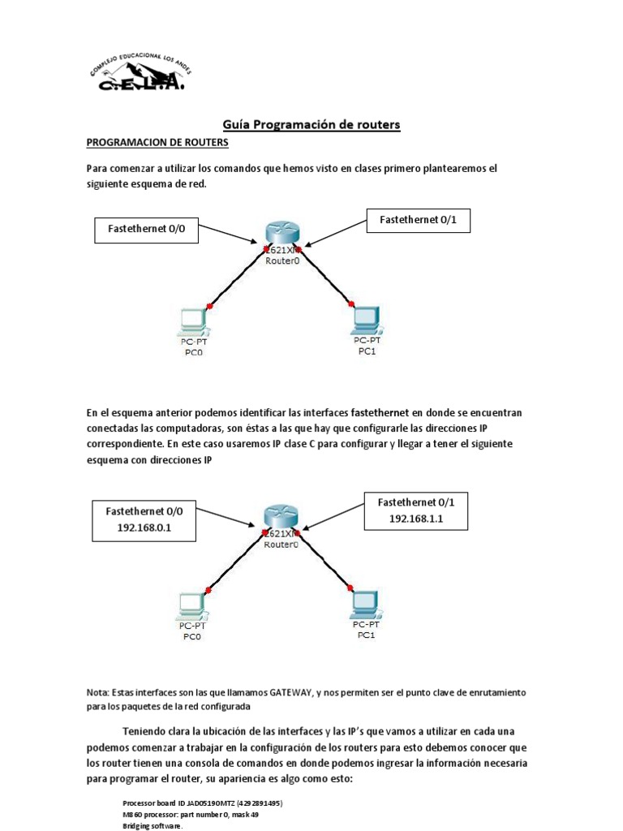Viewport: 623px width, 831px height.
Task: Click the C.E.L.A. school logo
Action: click(135, 74)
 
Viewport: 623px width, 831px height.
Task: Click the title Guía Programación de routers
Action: click(311, 124)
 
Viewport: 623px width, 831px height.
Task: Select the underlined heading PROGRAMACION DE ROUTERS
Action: click(157, 143)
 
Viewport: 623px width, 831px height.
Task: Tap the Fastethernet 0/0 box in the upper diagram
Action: click(147, 230)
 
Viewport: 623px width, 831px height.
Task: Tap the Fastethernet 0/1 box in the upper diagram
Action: click(418, 221)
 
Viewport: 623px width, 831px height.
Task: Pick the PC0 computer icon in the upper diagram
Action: click(194, 321)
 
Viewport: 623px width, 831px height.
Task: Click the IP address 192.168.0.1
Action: click(146, 527)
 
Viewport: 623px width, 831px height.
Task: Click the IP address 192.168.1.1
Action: click(416, 518)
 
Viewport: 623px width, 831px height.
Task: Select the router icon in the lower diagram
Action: click(281, 516)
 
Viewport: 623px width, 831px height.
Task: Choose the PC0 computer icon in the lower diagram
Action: click(193, 605)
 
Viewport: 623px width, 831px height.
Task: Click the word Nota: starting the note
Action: click(101, 692)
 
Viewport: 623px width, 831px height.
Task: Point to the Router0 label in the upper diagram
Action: click(281, 262)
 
